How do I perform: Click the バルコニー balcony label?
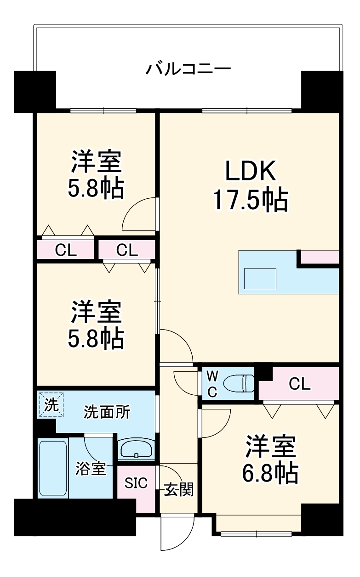click(188, 69)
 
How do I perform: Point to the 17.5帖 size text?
click(250, 200)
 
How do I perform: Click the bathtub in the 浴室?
click(53, 468)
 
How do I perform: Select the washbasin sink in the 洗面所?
click(137, 449)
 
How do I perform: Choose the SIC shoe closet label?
click(136, 483)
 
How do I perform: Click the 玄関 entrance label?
click(179, 490)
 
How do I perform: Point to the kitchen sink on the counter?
click(260, 278)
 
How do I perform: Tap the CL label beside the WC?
click(299, 384)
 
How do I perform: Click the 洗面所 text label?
click(106, 412)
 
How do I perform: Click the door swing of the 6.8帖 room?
click(217, 422)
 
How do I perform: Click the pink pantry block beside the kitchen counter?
click(320, 257)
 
